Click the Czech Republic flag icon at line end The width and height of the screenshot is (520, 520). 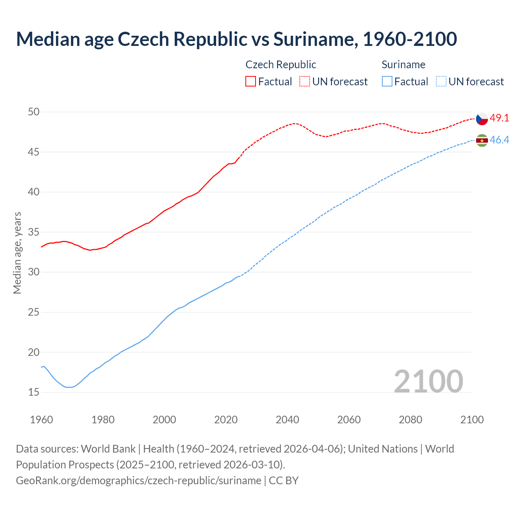point(482,119)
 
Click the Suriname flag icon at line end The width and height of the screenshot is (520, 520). point(482,140)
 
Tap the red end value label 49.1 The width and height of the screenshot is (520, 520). point(499,118)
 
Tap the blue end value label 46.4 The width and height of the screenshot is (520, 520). point(499,140)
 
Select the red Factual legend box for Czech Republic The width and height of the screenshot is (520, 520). point(251,82)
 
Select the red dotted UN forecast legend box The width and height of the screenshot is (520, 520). point(305,82)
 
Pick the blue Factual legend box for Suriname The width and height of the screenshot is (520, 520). point(387,82)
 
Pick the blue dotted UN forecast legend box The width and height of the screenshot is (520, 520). point(441,82)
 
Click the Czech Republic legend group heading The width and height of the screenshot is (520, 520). point(281,65)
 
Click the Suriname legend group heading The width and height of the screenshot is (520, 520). point(403,65)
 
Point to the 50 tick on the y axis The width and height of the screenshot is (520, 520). point(34,112)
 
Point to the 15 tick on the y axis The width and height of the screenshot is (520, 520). point(34,392)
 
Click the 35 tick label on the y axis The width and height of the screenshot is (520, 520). point(34,232)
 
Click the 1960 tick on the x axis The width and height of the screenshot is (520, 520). point(41,420)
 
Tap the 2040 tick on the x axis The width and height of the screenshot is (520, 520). point(287,420)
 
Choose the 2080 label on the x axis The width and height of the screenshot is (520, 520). point(410,420)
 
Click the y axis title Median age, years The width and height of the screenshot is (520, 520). point(17,253)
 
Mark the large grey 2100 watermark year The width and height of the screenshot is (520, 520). point(428,381)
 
